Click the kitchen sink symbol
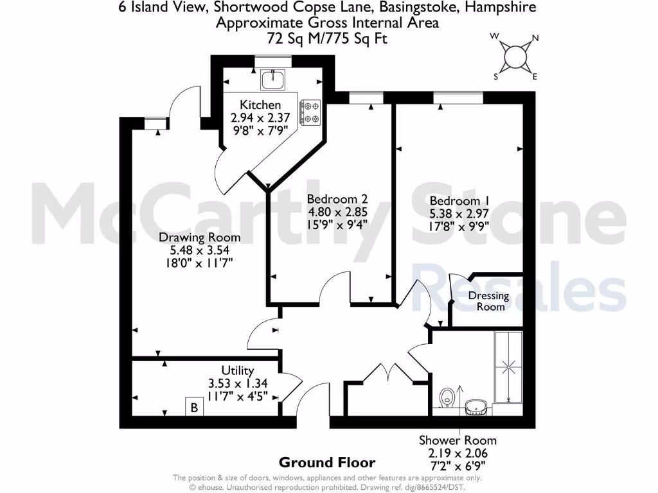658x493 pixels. [x=273, y=80]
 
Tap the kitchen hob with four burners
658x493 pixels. [x=311, y=112]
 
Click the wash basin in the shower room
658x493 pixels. [x=476, y=406]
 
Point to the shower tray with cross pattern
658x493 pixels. [x=508, y=367]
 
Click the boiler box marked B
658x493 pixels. [x=193, y=407]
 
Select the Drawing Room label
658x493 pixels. [x=194, y=238]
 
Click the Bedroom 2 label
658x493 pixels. [x=337, y=198]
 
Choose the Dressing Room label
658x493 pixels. [x=488, y=301]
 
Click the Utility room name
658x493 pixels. [x=237, y=370]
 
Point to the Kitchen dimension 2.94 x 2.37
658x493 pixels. [x=260, y=117]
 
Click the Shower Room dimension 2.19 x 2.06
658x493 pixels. [x=458, y=453]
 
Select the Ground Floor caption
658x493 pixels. [x=326, y=462]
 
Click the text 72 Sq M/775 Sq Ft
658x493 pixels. [x=327, y=39]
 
